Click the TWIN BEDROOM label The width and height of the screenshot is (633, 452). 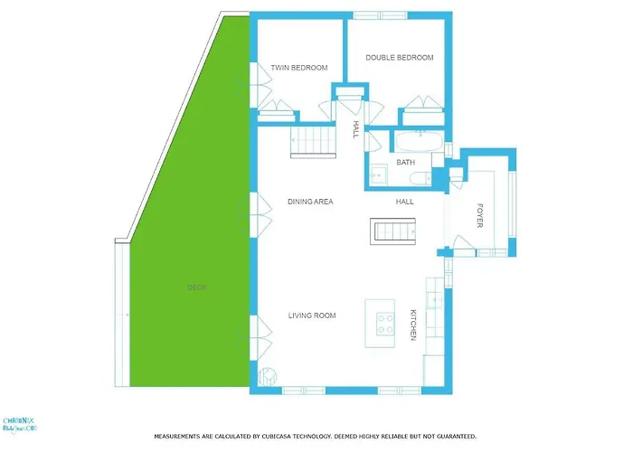(x=298, y=68)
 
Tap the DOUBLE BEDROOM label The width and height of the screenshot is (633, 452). (x=399, y=58)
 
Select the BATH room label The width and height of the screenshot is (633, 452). (x=405, y=163)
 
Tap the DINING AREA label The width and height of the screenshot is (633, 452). (x=310, y=202)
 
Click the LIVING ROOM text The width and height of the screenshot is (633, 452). (x=312, y=315)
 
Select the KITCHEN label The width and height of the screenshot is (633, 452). (x=412, y=323)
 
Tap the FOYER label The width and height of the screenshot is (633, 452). (x=479, y=215)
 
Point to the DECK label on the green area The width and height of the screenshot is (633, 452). (x=196, y=287)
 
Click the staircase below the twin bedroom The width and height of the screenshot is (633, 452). (x=308, y=142)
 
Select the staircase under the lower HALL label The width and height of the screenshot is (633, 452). (x=392, y=231)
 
